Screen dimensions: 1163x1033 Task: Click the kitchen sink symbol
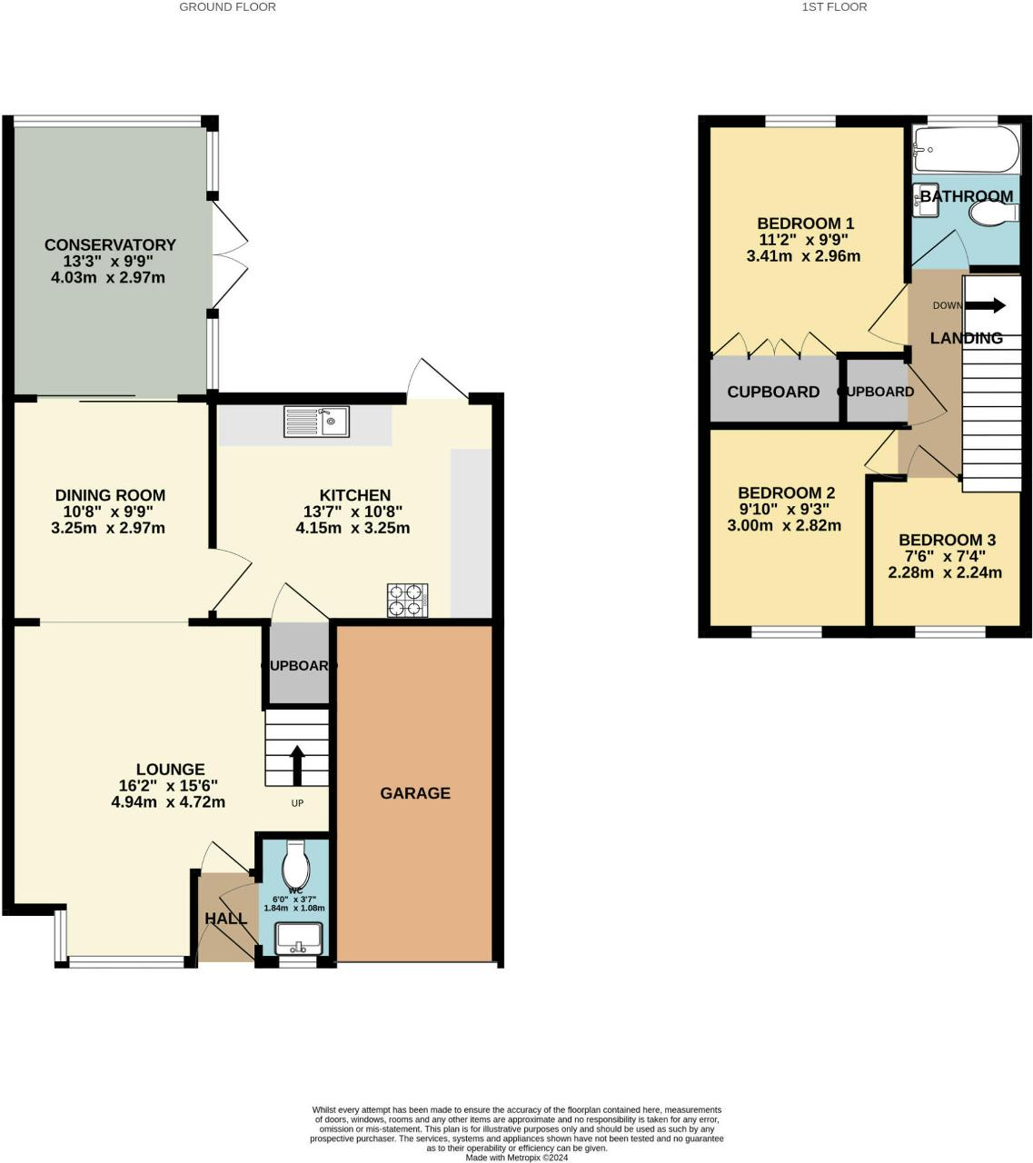point(316,421)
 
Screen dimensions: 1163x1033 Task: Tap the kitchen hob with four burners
point(407,600)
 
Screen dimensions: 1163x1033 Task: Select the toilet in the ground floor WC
point(296,860)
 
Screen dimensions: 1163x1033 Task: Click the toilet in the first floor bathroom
point(994,214)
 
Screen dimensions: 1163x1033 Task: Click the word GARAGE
point(415,793)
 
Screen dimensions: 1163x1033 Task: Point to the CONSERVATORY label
point(110,244)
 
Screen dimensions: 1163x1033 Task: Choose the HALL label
point(225,919)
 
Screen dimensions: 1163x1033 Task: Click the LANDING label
point(966,338)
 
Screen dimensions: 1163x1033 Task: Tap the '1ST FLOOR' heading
point(834,7)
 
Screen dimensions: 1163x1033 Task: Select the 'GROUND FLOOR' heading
point(227,7)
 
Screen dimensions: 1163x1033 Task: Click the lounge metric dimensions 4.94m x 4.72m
point(168,802)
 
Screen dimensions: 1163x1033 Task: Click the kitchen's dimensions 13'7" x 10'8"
point(353,512)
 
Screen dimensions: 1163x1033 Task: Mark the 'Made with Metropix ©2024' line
point(517,1158)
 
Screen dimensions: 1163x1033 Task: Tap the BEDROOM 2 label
point(786,493)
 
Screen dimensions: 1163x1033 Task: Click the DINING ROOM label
point(110,495)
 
